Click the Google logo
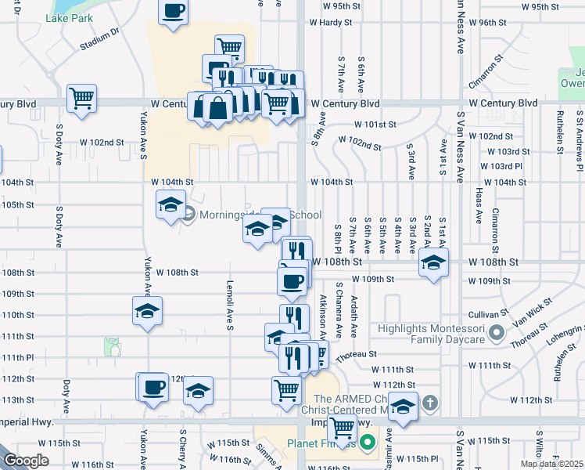coord(27,461)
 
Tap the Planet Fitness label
coord(321,443)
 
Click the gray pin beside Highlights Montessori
coord(495,334)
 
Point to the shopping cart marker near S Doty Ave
coord(81,99)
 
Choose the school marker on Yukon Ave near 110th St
coord(146,312)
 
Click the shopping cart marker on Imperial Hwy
coord(342,428)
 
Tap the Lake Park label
coord(69,17)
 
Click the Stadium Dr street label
coord(99,40)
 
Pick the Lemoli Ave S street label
coord(230,305)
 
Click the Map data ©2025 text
coord(552,464)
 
